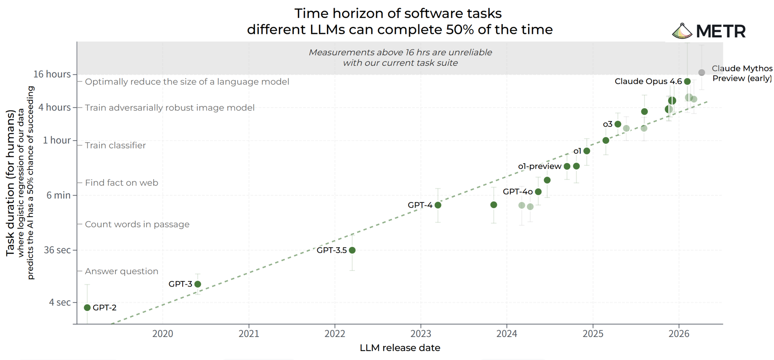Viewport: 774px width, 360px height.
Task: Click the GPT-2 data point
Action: (87, 308)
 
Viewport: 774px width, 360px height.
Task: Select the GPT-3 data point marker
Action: (198, 284)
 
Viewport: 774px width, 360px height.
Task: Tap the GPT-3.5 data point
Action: (352, 250)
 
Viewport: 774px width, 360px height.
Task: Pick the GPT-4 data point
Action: (438, 205)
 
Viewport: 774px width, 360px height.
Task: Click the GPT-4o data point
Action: (538, 192)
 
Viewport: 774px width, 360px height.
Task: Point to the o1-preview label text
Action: (539, 166)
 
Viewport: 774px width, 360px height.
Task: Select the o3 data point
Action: (618, 124)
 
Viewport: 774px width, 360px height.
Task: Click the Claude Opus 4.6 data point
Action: (687, 81)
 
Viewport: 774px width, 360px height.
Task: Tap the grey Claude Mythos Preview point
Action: (701, 73)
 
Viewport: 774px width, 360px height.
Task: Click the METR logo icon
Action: (682, 31)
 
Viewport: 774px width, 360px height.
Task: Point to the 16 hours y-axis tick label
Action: (52, 74)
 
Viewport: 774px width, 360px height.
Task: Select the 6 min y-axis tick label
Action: (58, 195)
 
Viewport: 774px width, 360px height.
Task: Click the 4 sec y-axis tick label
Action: (60, 302)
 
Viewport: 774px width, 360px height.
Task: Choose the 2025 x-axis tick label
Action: (593, 334)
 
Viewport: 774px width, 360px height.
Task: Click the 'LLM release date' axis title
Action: (400, 348)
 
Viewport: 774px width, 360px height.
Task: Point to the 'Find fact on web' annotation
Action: (121, 183)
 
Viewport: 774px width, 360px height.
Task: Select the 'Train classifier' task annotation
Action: (115, 145)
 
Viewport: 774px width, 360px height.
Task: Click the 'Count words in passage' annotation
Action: (137, 224)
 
